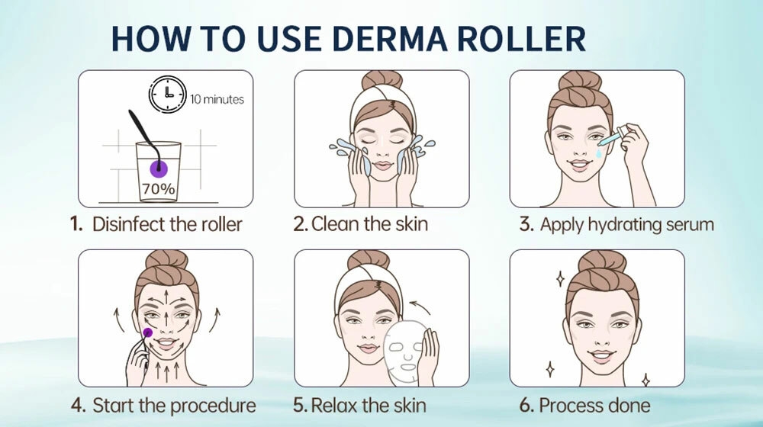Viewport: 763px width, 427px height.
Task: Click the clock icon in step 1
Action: [x=167, y=95]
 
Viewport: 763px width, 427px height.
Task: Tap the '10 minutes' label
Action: [x=217, y=99]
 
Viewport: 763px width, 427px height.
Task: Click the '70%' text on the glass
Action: [x=159, y=188]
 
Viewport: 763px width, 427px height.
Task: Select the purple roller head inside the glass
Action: [x=158, y=169]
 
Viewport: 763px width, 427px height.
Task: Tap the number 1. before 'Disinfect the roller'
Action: [x=77, y=224]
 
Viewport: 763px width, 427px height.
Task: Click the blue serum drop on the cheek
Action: [x=598, y=154]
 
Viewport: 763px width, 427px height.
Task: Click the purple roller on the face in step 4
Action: [x=147, y=332]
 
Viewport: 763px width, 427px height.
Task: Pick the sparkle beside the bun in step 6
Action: [x=561, y=278]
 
